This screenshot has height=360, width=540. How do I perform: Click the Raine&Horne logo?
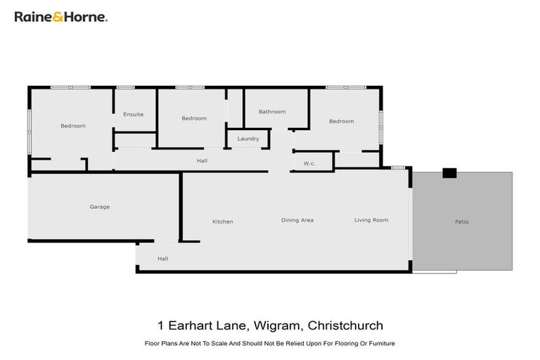(60, 17)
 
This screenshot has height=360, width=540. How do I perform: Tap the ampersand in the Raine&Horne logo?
(56, 17)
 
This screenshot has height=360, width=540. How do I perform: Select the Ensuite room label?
(134, 114)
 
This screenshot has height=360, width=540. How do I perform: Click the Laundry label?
(248, 139)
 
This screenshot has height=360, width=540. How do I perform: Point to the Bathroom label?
(272, 112)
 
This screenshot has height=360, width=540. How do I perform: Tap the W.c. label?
(309, 164)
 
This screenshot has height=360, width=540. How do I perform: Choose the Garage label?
(100, 207)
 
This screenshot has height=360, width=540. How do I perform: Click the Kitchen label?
(223, 221)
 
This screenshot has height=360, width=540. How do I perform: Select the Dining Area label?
(297, 220)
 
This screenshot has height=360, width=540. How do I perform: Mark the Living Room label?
(371, 220)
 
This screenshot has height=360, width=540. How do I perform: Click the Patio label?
(462, 222)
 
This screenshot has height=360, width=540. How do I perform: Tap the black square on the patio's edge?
(449, 173)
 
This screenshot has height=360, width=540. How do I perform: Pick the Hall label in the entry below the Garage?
(163, 259)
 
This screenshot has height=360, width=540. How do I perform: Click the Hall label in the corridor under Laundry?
(202, 161)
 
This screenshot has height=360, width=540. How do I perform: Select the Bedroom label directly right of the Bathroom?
(342, 122)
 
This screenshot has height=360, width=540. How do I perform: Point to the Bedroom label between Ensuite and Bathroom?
(194, 118)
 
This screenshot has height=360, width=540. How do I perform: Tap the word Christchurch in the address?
(347, 326)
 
